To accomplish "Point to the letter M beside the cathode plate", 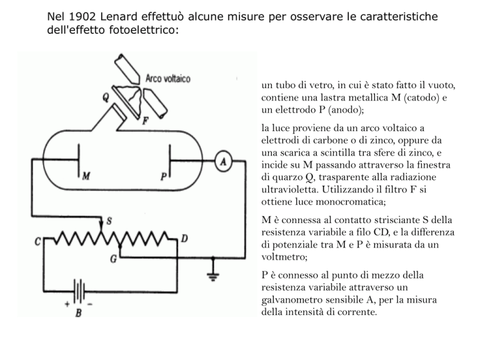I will point(89,177).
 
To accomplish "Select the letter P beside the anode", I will point(163,177).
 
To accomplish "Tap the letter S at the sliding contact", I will point(109,221).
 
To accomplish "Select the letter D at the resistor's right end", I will point(184,239).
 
